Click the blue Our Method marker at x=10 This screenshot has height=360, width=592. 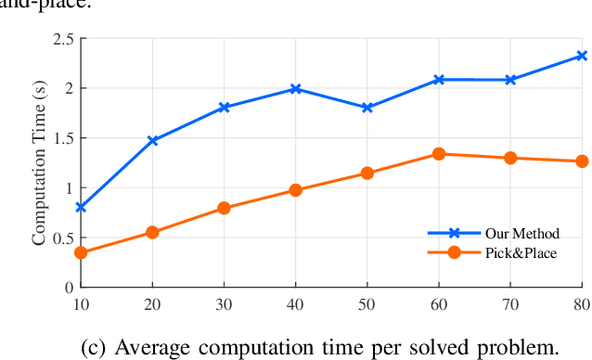[81, 207]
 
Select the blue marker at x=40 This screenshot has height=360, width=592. [295, 89]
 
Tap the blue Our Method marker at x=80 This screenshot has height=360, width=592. [582, 56]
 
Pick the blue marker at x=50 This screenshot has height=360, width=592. [367, 108]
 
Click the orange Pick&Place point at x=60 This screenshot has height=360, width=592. [439, 154]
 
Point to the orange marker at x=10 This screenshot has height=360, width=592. [81, 252]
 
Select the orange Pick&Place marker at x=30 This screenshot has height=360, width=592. [224, 208]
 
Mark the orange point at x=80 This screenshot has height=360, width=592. [582, 161]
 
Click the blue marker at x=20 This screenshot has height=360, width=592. [152, 141]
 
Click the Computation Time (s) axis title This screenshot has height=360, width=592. [39, 163]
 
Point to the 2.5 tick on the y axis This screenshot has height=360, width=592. [63, 39]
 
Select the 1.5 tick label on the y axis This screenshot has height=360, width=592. [63, 138]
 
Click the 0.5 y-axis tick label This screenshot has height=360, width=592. [63, 238]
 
